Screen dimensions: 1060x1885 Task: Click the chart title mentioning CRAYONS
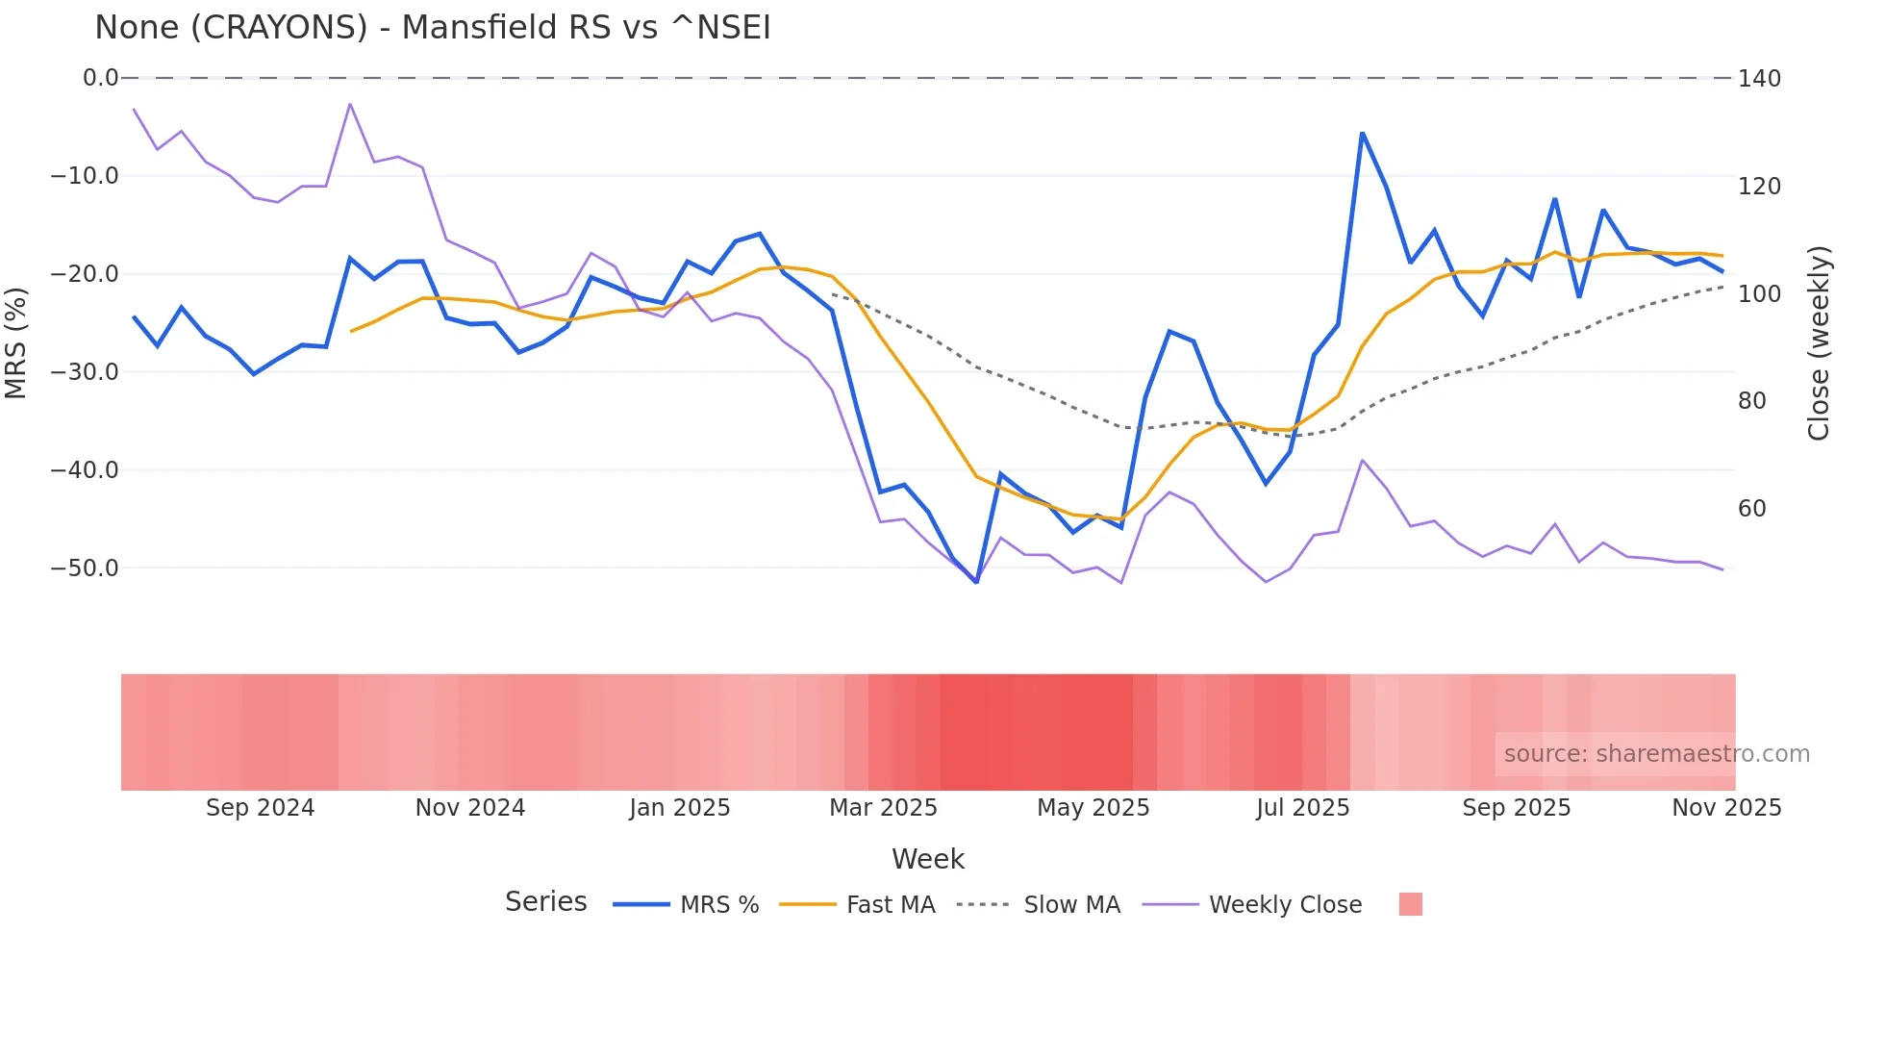point(433,28)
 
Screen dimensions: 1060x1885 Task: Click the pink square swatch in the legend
point(1410,904)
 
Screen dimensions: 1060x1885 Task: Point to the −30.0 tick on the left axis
point(85,372)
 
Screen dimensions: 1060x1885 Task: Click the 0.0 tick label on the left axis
point(100,78)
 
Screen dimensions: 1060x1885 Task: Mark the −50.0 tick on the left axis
point(85,568)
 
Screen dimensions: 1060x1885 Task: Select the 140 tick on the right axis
point(1759,79)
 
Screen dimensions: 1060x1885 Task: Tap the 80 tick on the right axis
point(1752,401)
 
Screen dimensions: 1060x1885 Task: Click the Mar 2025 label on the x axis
point(883,808)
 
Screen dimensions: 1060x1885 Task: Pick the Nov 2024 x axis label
point(470,808)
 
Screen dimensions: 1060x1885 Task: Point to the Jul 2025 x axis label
point(1302,808)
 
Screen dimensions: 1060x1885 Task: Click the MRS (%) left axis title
point(16,343)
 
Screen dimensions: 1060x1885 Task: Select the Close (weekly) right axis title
point(1819,343)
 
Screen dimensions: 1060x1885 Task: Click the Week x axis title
point(927,859)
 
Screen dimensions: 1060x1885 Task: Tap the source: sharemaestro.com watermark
point(1656,754)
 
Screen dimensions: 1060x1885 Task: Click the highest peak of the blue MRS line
point(1362,134)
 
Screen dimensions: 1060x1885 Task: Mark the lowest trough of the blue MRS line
point(976,582)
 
